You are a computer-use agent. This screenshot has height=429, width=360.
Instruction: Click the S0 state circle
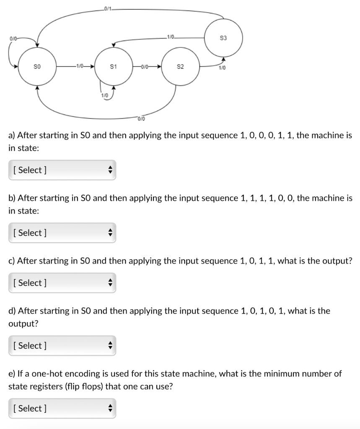[x=37, y=67]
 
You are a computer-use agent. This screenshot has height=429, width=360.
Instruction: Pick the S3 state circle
[x=223, y=38]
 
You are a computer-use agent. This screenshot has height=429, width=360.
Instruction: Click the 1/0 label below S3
[x=222, y=68]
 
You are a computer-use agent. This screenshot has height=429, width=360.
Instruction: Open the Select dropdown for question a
[x=62, y=170]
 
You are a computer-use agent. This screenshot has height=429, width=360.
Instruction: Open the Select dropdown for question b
[x=62, y=233]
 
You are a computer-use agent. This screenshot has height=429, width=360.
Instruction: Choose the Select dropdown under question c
[x=62, y=283]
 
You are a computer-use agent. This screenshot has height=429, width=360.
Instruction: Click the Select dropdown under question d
[x=62, y=346]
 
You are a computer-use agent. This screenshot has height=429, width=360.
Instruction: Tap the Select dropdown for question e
[x=62, y=408]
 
